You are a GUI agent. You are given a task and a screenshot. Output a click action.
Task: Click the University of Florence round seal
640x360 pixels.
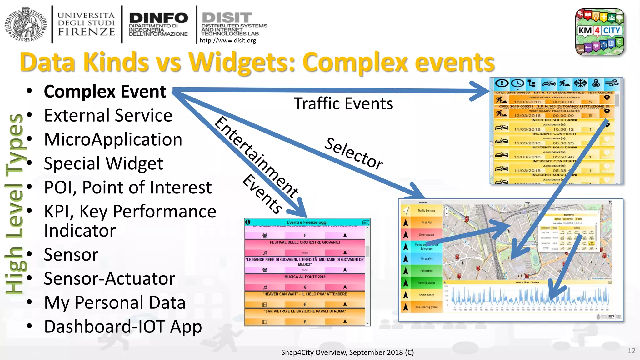coord(26,24)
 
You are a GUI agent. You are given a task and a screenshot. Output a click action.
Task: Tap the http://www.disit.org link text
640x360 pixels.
coord(227,41)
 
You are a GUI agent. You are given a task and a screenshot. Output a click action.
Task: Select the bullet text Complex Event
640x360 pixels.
coord(105,92)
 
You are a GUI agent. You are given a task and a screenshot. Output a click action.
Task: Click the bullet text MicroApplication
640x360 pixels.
coord(113,139)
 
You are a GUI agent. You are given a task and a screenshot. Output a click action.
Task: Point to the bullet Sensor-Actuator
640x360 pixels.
coord(109,279)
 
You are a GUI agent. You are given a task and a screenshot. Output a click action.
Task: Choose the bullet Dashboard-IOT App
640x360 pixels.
coord(123,327)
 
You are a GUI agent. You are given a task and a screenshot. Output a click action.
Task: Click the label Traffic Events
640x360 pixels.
coord(343,104)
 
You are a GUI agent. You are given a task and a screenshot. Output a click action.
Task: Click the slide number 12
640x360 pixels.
coord(631,351)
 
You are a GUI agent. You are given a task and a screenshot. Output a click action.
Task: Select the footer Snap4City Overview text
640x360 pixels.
coord(347,352)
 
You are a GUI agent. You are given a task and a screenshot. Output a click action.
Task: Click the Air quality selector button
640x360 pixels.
coord(426,259)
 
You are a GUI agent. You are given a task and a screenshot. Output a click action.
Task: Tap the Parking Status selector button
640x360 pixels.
coord(426,283)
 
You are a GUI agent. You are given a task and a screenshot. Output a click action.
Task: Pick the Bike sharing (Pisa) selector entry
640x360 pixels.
coord(426,307)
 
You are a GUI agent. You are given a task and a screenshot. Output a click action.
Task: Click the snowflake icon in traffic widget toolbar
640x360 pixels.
coord(580,83)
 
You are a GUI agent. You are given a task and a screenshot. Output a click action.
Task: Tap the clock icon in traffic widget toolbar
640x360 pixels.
coord(517,83)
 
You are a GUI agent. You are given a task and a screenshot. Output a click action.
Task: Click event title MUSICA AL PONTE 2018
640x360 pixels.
coord(305,277)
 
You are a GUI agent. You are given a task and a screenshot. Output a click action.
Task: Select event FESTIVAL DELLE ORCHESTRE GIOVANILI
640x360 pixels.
coord(305,242)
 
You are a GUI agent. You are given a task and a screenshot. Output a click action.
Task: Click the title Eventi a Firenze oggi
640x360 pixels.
coord(307,222)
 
